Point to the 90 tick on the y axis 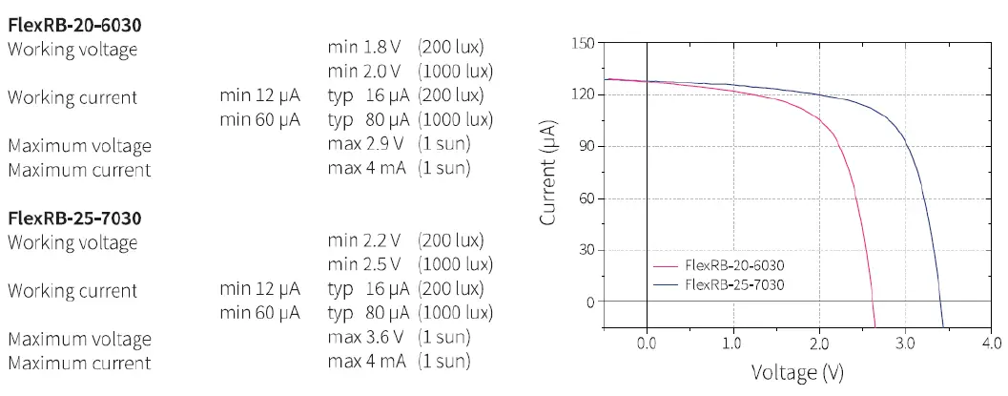point(586,146)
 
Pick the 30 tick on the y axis point(586,250)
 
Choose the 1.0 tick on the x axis point(732,344)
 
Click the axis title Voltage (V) point(797,372)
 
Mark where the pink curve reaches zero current point(874,302)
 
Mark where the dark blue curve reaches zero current point(941,302)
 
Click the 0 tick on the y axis point(589,302)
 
